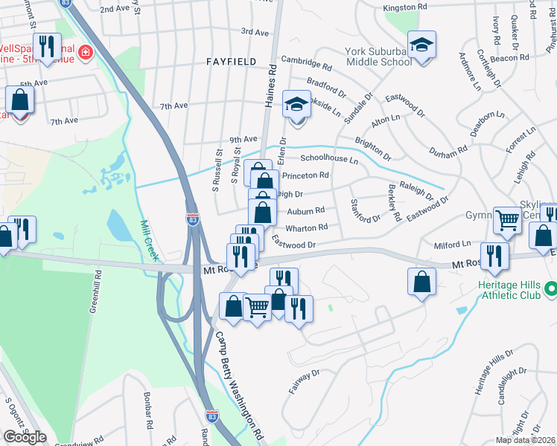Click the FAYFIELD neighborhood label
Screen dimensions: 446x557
(x=231, y=61)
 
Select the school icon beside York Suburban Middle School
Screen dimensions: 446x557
(x=421, y=46)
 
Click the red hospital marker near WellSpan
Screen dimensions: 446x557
(x=86, y=53)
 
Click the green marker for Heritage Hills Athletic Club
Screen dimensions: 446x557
(x=550, y=288)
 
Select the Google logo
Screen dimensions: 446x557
(x=25, y=437)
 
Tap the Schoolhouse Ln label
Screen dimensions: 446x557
(x=329, y=159)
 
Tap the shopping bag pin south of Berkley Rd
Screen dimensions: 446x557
(x=421, y=282)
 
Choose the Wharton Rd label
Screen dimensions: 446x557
(x=307, y=227)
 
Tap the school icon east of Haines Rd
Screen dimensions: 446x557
(x=297, y=105)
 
